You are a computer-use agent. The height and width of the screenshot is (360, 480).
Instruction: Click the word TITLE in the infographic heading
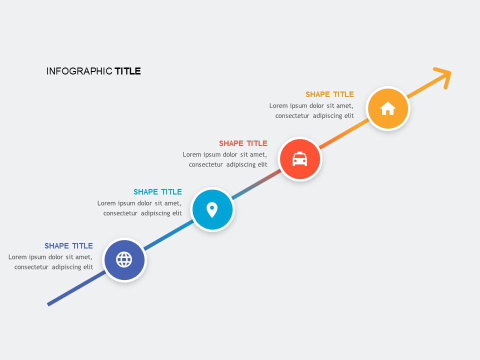(x=127, y=71)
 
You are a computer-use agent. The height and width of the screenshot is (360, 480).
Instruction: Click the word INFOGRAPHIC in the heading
(x=79, y=71)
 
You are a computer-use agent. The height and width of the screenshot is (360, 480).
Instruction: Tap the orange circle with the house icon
(x=388, y=108)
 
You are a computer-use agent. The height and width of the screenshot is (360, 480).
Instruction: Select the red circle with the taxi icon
(x=299, y=159)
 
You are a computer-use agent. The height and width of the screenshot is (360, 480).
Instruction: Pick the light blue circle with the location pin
(x=212, y=209)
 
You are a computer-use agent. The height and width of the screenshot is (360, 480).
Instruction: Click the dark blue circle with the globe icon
(x=124, y=260)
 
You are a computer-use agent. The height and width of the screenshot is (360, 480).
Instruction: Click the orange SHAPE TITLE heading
(x=329, y=94)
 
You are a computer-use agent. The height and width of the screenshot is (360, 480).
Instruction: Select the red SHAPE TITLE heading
(x=243, y=143)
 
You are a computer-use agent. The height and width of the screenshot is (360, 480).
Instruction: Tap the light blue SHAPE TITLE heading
(x=157, y=192)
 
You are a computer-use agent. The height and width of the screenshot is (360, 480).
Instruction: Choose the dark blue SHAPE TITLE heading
(x=68, y=246)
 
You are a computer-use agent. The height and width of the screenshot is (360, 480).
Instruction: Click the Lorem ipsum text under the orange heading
(x=311, y=110)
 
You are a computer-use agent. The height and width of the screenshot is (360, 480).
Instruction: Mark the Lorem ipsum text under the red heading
(x=225, y=159)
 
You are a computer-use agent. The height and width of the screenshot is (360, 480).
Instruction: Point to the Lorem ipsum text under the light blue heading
(x=139, y=208)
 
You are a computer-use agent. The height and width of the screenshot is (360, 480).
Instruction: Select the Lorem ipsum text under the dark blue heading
(x=50, y=262)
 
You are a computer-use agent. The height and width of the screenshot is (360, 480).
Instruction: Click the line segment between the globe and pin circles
(x=168, y=235)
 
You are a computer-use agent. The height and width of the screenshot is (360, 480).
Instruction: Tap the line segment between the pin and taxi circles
(x=256, y=184)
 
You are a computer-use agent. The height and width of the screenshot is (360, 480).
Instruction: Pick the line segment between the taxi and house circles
(x=344, y=134)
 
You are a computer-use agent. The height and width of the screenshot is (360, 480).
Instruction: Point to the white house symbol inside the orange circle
(x=388, y=108)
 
